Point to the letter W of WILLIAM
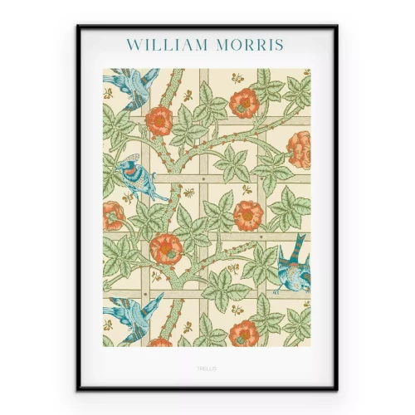[x=133, y=44]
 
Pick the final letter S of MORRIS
[x=280, y=44]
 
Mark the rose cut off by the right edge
[x=300, y=149]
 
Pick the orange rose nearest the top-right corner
[x=245, y=102]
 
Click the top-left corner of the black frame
[x=78, y=26]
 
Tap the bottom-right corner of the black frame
[x=336, y=388]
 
